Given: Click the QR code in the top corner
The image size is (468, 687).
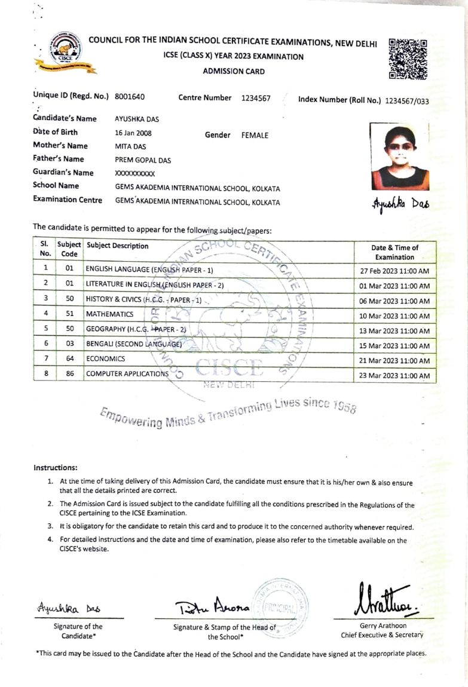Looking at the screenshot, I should (x=408, y=59).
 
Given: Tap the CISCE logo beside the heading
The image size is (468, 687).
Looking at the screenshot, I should (x=65, y=53).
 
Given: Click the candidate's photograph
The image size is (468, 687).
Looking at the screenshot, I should (x=399, y=157).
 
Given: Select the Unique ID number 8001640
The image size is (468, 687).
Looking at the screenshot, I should (x=130, y=97).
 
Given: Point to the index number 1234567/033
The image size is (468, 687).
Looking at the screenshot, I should (x=407, y=101).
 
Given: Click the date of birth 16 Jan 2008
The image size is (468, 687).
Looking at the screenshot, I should (x=133, y=133).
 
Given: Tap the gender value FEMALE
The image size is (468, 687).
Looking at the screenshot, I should (x=255, y=136).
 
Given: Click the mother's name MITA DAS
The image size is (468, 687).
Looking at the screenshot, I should (x=130, y=146).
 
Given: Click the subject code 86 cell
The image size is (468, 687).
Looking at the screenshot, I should (x=69, y=374).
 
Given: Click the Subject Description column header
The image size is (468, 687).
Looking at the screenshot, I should (x=118, y=246).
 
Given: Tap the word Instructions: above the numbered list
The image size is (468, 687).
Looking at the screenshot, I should (x=55, y=468).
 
